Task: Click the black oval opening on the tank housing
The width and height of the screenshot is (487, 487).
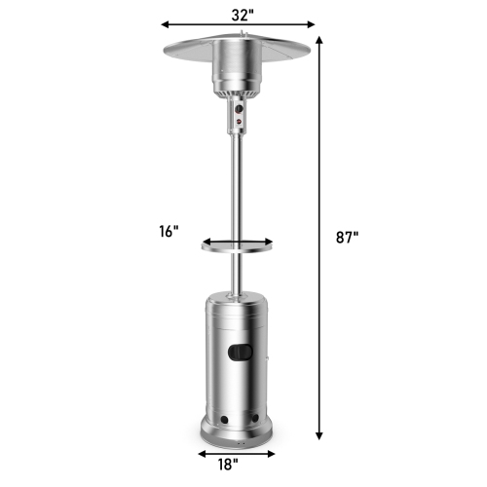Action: point(240,348)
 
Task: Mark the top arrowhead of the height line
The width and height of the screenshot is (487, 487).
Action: point(319,32)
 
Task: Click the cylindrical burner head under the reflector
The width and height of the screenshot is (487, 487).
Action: point(239,70)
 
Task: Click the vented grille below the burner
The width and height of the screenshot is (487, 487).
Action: point(239,94)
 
